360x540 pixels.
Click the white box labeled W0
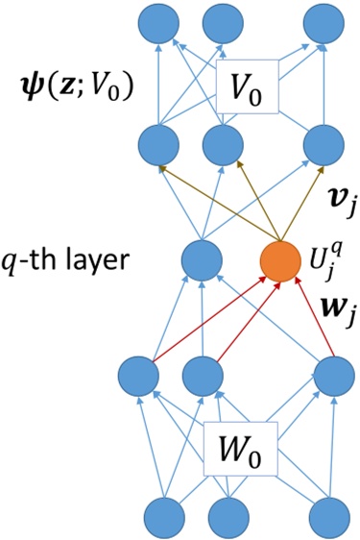point(246,447)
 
